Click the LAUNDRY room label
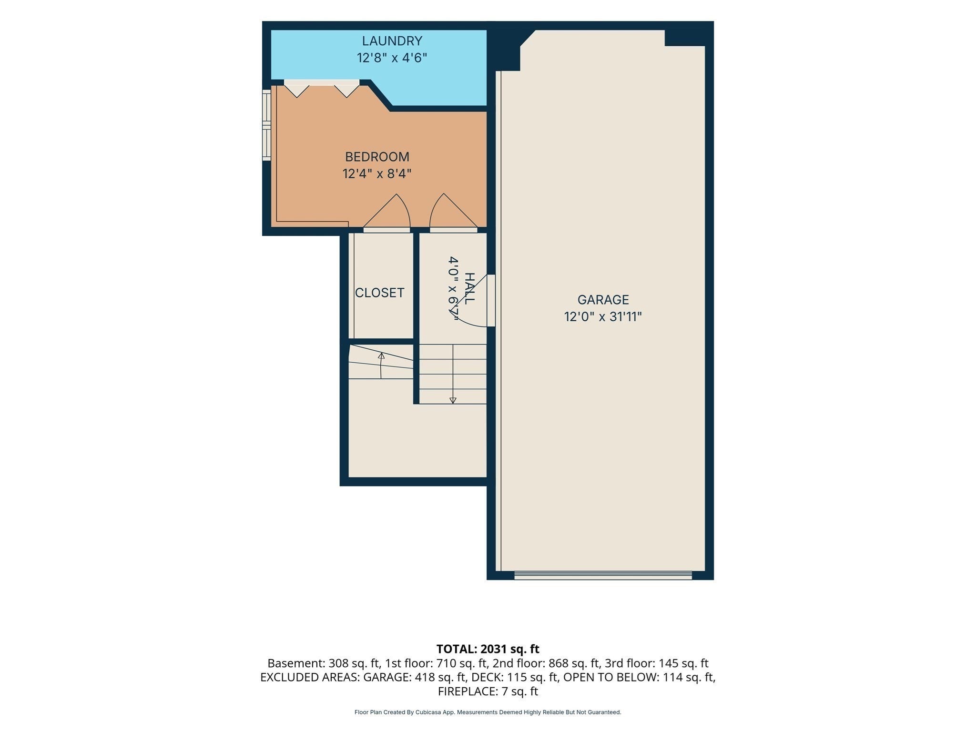(392, 41)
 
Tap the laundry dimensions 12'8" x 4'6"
(392, 58)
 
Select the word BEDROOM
(377, 157)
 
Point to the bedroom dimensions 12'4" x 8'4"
(377, 173)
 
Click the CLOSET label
(380, 293)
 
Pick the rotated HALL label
(469, 288)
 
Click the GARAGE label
(603, 300)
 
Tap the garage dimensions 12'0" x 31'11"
(603, 317)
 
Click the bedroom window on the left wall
(266, 125)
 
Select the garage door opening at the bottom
(603, 575)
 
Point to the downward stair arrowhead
(453, 400)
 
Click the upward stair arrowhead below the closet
(381, 356)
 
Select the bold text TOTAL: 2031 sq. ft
(488, 649)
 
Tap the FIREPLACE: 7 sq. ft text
(488, 691)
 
